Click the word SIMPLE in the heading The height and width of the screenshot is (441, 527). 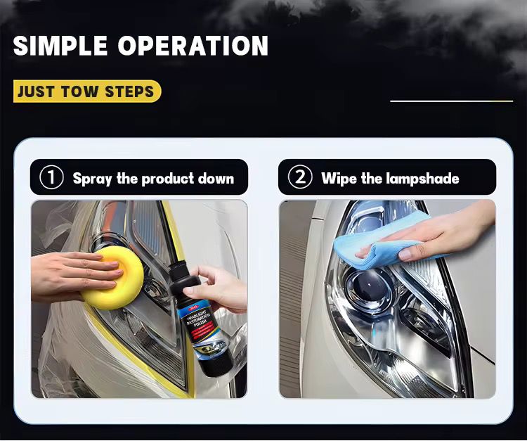(61, 46)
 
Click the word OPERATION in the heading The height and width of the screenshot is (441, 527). (193, 46)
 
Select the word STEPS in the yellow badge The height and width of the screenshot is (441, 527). (129, 92)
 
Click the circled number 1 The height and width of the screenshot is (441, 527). (51, 177)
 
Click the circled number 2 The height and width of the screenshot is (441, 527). (300, 177)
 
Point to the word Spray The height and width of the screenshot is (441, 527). (93, 179)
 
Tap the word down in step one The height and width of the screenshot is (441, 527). (216, 178)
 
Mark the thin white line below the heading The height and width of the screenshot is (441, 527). (451, 101)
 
